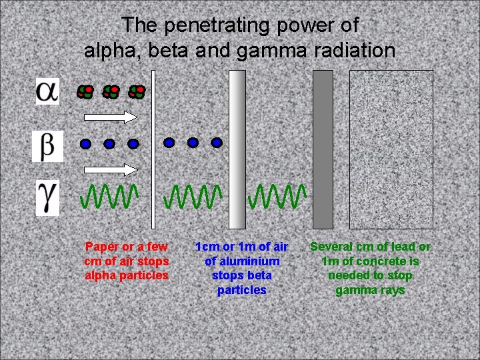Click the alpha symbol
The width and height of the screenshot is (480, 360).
tap(47, 91)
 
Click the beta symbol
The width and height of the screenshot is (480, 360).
tap(47, 146)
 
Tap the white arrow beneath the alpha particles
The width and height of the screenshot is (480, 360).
tap(111, 117)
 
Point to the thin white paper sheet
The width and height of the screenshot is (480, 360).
tap(153, 148)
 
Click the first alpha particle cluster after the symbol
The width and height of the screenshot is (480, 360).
tap(85, 92)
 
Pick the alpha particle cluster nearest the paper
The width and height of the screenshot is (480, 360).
tap(137, 92)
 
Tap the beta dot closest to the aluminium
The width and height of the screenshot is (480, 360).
tap(216, 142)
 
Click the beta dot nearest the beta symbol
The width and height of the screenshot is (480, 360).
tap(85, 143)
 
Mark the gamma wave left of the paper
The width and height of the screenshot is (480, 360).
tap(109, 196)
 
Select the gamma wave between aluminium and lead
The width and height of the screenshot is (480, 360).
tap(277, 196)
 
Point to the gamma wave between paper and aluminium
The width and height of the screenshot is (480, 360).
tap(193, 196)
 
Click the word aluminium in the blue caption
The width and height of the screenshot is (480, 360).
tap(242, 261)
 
